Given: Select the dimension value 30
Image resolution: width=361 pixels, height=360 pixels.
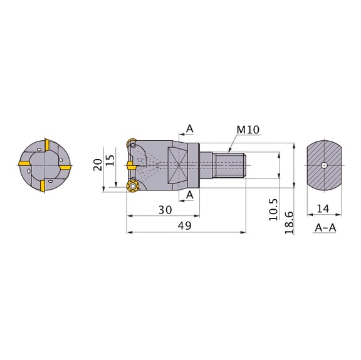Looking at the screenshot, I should pos(165,210).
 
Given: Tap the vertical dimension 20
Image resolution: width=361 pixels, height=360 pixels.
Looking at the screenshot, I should pos(98,165).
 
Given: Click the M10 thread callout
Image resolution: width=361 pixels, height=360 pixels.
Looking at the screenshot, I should pos(248,130).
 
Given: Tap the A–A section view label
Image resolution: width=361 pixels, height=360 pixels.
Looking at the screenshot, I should pos(324,227).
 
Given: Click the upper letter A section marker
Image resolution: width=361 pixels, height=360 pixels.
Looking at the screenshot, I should pos(190,129).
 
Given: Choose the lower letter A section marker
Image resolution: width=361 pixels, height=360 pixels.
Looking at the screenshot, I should pos(190,195).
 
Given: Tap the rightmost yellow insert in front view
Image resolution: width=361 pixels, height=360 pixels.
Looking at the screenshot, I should pos(67,167).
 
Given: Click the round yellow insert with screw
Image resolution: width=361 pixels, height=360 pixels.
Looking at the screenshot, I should pos(132,186).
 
